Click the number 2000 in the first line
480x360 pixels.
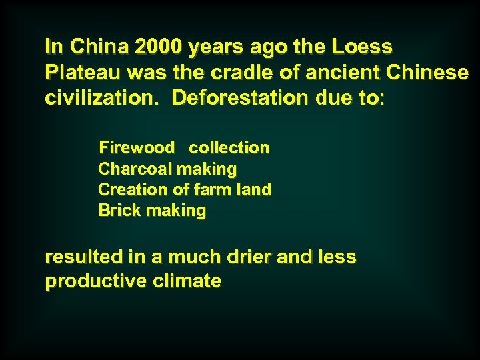pos(159,47)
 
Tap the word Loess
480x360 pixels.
pos(362,47)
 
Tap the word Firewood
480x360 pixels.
pos(137,147)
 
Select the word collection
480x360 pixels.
pos(229,147)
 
